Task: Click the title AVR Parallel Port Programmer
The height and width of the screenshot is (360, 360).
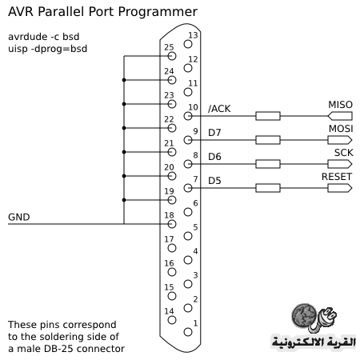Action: click(102, 12)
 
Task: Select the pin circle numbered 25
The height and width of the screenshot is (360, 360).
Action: click(172, 56)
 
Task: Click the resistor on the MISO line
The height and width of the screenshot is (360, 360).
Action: click(268, 116)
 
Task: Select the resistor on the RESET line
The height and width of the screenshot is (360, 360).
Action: click(268, 188)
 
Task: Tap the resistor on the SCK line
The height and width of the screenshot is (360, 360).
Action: click(268, 164)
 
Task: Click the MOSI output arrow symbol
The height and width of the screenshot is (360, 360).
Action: click(340, 140)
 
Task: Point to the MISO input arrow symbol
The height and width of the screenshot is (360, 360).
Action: click(340, 116)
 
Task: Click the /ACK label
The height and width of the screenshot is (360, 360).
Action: click(219, 109)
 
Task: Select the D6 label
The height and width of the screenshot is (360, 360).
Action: click(214, 157)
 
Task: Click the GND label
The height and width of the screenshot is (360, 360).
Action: click(19, 217)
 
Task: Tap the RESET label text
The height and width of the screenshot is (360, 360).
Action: click(337, 177)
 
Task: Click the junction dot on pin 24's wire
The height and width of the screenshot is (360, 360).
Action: click(124, 80)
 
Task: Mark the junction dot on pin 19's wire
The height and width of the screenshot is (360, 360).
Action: click(124, 200)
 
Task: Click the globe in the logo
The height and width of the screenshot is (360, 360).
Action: click(304, 315)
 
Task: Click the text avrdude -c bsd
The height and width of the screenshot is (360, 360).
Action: click(44, 37)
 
